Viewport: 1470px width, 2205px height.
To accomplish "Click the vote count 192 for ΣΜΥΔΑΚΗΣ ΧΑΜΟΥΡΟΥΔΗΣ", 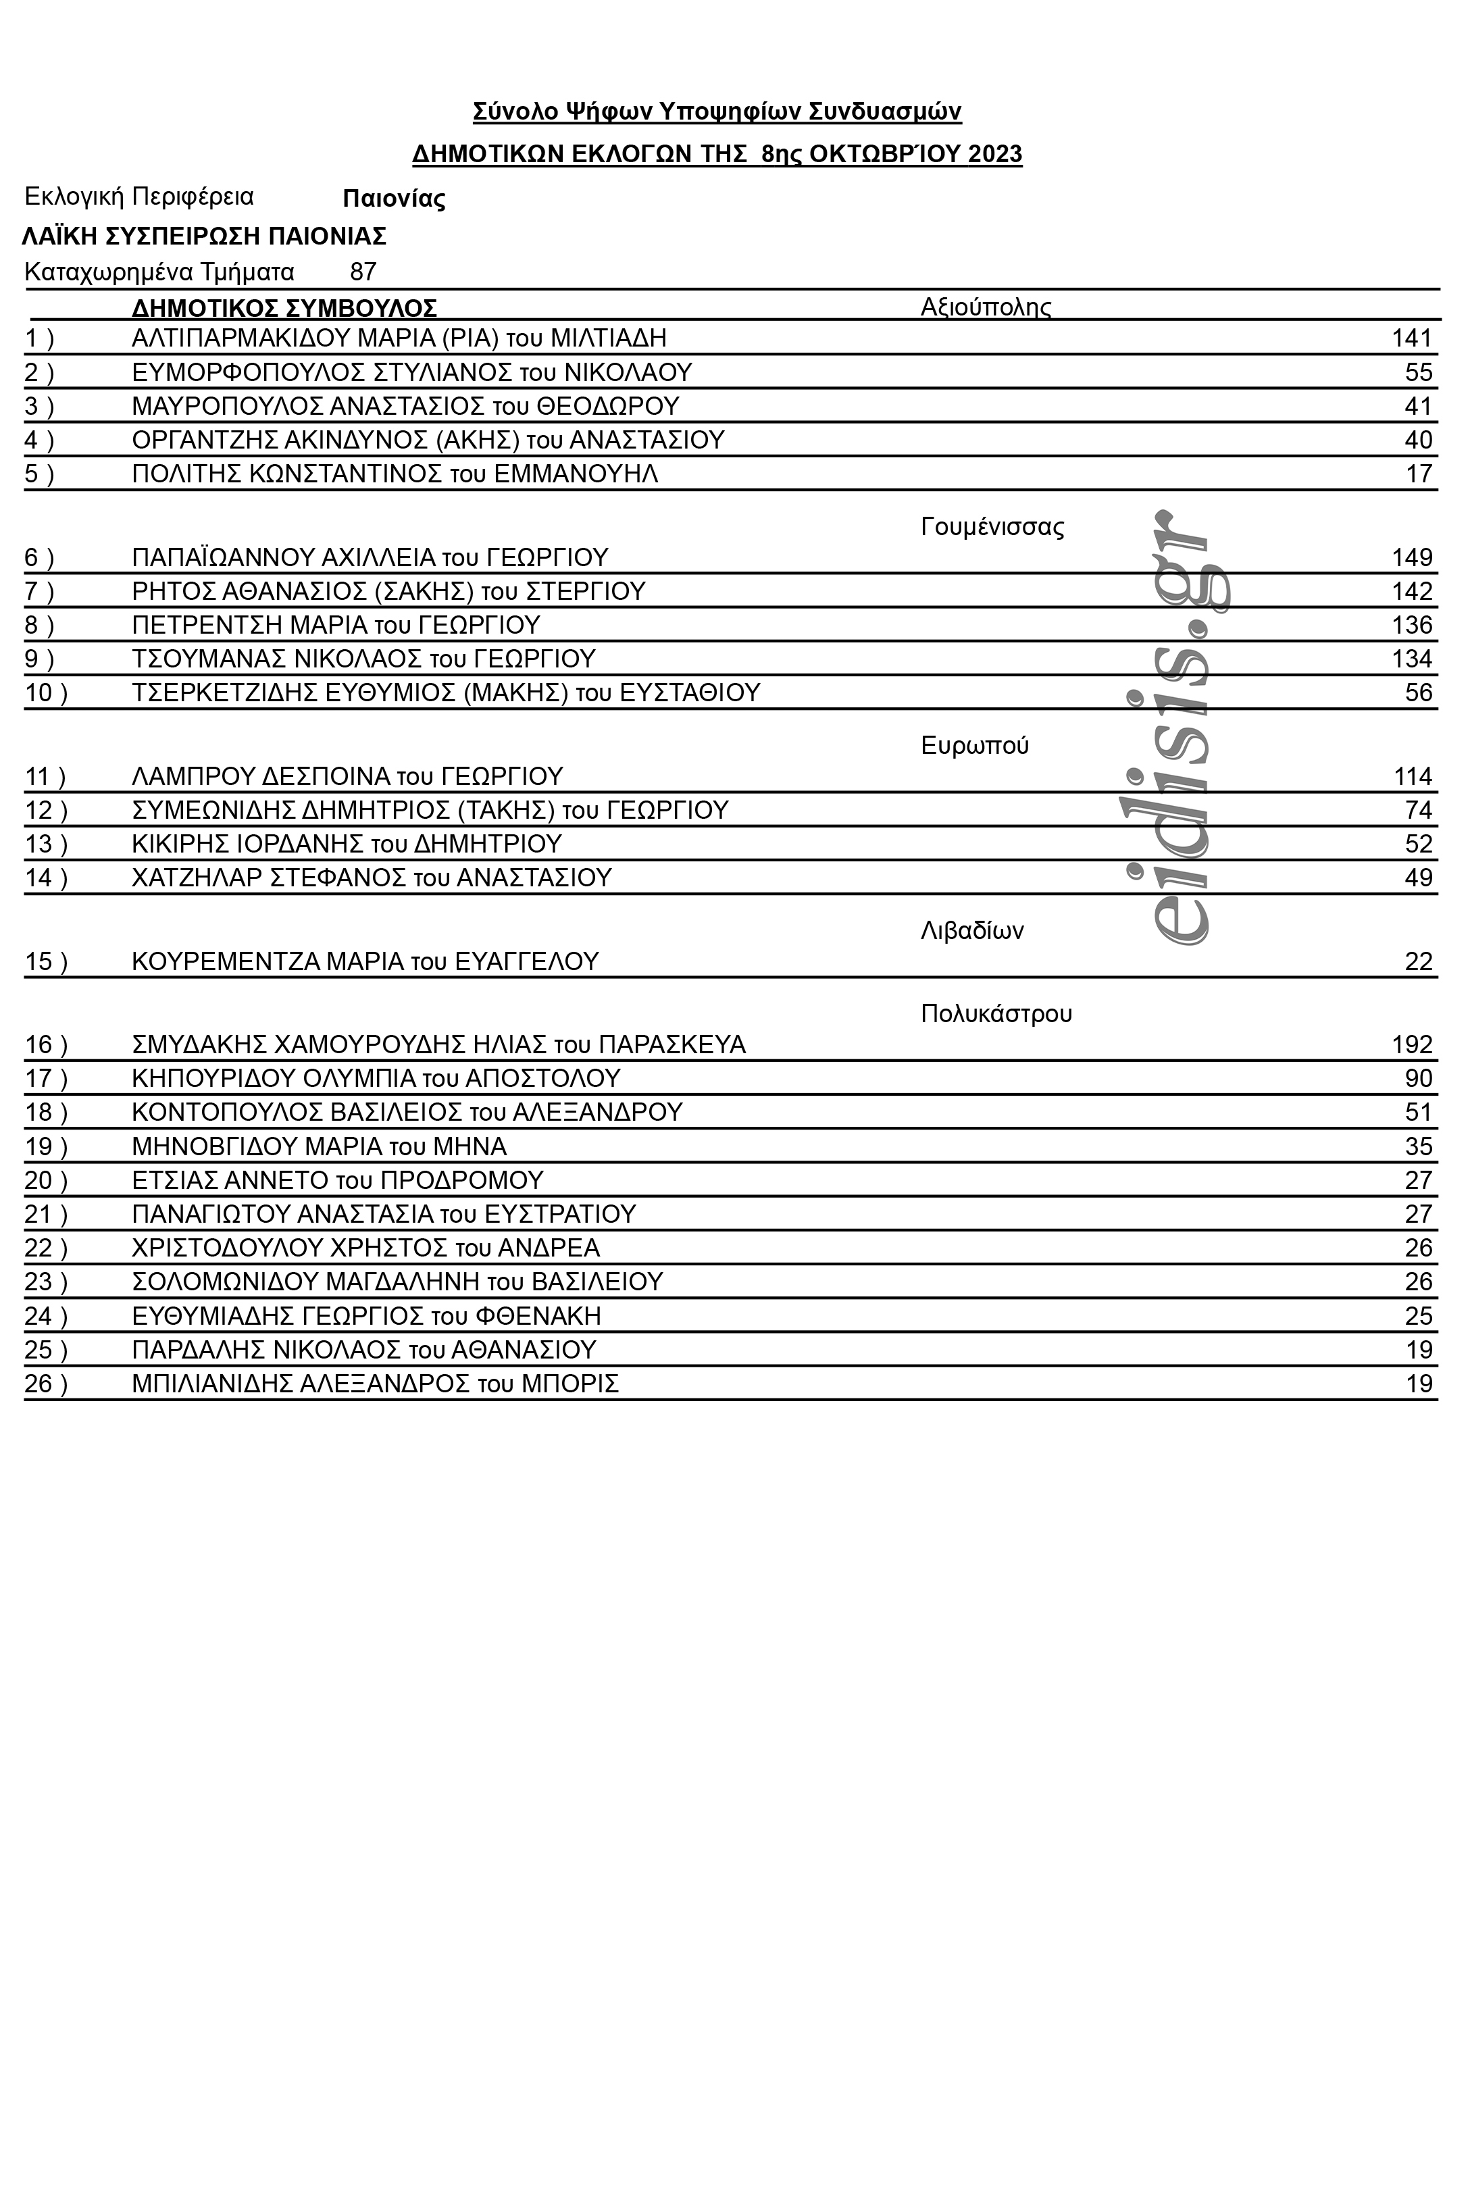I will tap(1412, 1044).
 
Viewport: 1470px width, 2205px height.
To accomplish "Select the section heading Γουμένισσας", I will tap(992, 527).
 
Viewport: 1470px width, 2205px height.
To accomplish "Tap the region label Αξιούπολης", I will tap(986, 307).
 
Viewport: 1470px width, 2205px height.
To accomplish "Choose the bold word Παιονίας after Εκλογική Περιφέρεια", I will tap(394, 199).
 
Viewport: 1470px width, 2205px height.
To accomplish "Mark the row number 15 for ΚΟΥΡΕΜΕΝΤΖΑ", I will tap(39, 962).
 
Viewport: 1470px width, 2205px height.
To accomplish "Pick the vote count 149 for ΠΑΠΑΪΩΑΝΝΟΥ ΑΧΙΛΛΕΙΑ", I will tap(1412, 558).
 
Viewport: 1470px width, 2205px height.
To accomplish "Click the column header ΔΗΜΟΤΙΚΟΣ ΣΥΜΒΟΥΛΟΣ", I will tap(284, 307).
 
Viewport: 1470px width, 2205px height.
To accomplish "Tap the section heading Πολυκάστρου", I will tap(996, 1013).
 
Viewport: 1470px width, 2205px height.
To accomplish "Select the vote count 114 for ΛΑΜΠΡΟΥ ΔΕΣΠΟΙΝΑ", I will tap(1413, 776).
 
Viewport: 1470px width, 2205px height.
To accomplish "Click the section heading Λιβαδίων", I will tap(971, 931).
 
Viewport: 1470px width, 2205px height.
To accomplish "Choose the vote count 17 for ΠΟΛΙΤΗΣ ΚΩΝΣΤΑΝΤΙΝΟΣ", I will tap(1419, 474).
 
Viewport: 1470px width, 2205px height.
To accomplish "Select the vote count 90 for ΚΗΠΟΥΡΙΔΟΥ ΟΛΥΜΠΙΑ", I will tap(1419, 1078).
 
